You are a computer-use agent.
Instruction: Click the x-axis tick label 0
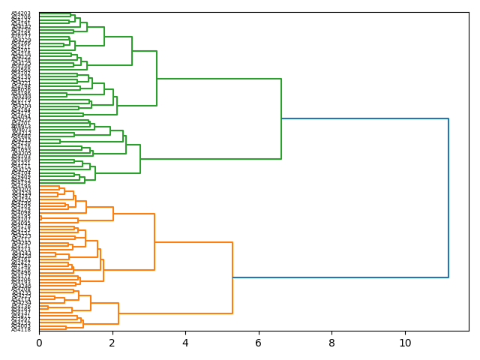39,342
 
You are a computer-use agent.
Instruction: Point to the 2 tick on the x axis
112,342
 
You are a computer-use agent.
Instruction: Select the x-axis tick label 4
185,342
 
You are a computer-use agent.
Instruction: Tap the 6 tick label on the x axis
259,342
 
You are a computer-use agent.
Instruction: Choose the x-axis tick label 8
332,342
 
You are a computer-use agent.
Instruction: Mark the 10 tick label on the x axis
405,342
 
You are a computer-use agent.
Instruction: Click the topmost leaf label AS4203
21,13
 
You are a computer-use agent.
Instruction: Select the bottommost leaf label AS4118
21,329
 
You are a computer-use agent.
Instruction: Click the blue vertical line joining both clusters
448,198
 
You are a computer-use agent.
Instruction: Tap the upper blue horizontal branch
364,118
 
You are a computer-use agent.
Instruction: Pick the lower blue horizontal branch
340,277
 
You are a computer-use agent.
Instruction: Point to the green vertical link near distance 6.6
281,118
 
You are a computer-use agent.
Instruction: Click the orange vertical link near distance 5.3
232,277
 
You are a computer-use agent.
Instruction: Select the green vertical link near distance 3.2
157,78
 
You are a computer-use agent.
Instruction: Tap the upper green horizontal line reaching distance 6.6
219,79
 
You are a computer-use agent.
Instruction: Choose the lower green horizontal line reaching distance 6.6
211,159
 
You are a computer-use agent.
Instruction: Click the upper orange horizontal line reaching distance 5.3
193,242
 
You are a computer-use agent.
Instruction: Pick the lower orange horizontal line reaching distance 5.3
175,313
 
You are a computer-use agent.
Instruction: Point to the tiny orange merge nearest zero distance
40,217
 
